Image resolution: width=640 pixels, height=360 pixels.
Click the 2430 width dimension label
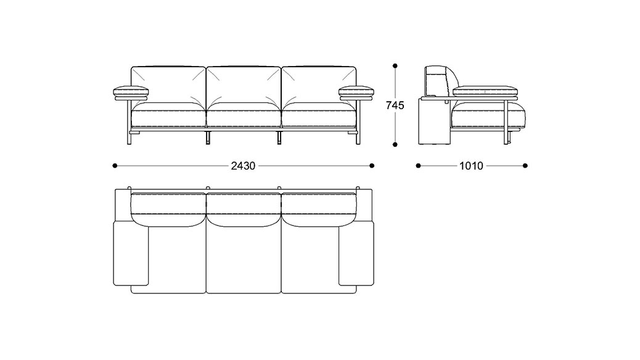pyautogui.click(x=244, y=165)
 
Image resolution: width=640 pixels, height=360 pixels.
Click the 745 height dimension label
pyautogui.click(x=395, y=105)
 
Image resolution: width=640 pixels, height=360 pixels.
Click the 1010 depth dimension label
pyautogui.click(x=472, y=165)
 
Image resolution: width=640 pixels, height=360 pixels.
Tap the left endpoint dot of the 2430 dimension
pyautogui.click(x=115, y=165)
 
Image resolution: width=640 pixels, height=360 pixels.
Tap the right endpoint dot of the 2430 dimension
pyautogui.click(x=372, y=165)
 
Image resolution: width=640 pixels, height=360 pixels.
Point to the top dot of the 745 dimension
pyautogui.click(x=395, y=65)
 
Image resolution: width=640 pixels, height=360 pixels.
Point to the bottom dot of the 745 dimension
pyautogui.click(x=395, y=144)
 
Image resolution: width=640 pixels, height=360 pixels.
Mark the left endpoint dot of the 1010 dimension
pyautogui.click(x=418, y=165)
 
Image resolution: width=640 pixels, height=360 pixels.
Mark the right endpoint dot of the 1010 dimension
pyautogui.click(x=525, y=165)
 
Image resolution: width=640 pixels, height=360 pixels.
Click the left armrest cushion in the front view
pyautogui.click(x=131, y=92)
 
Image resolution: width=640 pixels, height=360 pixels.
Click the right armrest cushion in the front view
pyautogui.click(x=357, y=92)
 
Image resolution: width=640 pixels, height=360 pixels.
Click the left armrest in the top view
pyautogui.click(x=130, y=254)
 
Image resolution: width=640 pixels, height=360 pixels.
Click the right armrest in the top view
pyautogui.click(x=357, y=254)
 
